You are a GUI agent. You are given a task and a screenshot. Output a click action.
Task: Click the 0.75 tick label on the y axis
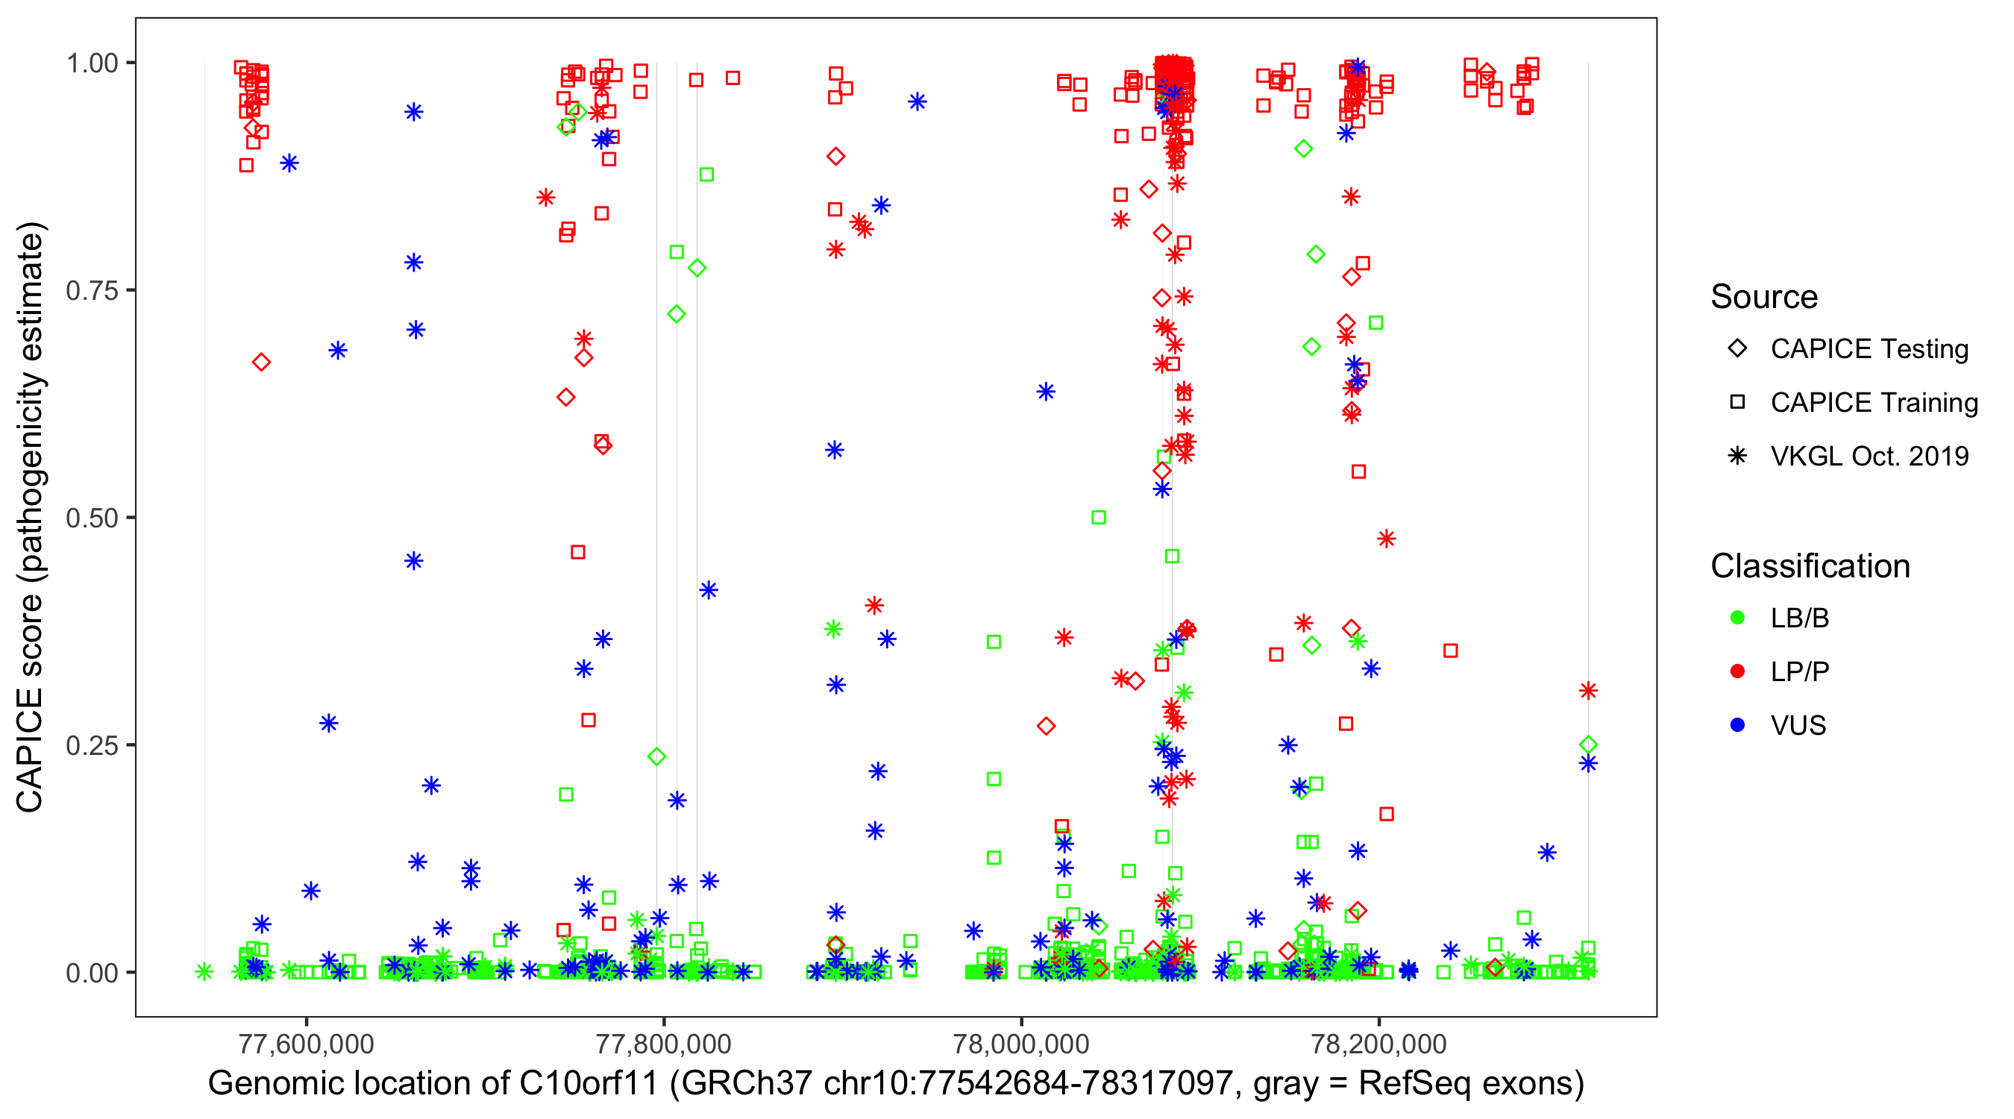[91, 291]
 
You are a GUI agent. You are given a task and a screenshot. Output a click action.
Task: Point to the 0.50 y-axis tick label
[91, 518]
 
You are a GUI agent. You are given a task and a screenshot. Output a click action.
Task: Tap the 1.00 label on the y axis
[91, 63]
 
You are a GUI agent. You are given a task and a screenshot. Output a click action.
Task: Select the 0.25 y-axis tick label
[91, 746]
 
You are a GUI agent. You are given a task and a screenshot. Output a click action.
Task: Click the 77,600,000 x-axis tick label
[306, 1044]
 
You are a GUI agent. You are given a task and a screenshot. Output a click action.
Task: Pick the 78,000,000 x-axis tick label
[1021, 1044]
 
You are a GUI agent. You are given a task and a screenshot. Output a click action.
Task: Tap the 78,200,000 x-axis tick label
[1378, 1044]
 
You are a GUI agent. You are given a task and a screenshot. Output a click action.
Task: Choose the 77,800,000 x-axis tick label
[664, 1044]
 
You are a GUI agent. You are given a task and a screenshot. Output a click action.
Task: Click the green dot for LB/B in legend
[1738, 618]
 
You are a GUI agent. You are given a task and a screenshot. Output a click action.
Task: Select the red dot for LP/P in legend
[1738, 671]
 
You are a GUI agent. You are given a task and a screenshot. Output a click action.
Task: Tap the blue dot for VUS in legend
[1738, 725]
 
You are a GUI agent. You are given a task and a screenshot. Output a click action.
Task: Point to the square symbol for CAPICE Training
[1738, 402]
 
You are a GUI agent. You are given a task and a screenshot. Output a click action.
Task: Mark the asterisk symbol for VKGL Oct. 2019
[1738, 456]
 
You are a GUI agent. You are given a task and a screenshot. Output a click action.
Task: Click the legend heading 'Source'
[1764, 297]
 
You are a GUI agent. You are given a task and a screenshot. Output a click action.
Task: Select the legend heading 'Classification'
[1810, 566]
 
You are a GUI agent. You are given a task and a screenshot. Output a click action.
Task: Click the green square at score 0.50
[1099, 518]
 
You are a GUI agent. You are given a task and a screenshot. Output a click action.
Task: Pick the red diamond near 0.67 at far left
[261, 362]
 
